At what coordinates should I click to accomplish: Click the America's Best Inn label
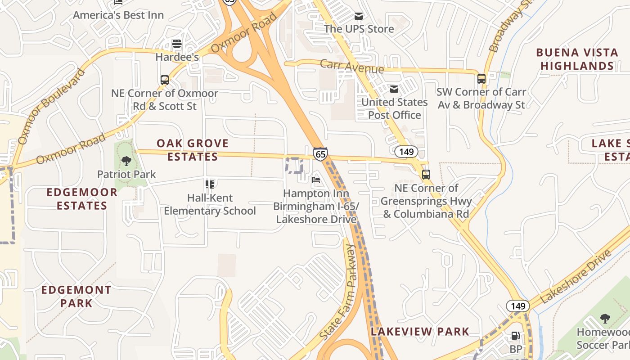118,15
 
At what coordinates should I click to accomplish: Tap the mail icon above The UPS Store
359,16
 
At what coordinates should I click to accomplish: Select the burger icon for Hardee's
177,44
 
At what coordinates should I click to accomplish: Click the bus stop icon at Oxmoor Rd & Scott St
165,80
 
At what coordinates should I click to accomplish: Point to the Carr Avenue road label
351,67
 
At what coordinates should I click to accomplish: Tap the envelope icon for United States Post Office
394,89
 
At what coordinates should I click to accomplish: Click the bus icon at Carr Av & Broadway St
481,79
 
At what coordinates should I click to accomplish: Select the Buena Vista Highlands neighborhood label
577,59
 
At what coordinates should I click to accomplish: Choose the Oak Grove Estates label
193,150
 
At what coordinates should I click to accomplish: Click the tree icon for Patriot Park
126,161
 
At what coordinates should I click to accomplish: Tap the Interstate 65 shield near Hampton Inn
320,154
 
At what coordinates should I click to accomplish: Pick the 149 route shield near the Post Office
406,152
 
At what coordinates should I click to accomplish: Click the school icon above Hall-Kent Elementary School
210,184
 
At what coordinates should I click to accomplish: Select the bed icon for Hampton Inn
316,180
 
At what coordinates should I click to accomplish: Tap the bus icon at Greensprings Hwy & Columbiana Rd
426,174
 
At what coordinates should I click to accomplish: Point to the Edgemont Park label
76,296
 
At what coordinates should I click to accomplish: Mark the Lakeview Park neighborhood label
420,332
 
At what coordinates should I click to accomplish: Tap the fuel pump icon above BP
516,336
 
